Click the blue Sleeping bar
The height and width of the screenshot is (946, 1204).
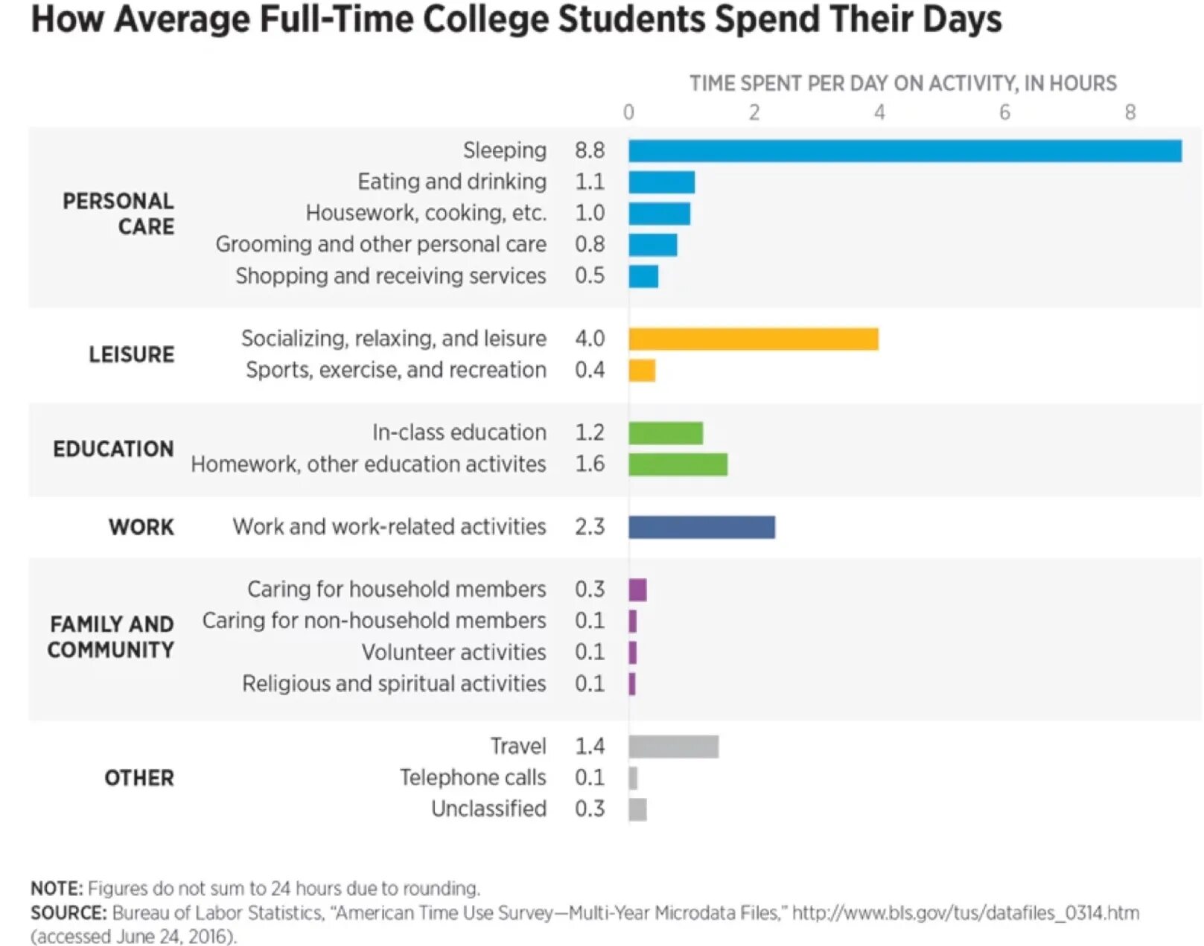tap(904, 151)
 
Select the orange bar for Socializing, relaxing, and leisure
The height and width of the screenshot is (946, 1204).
tap(753, 339)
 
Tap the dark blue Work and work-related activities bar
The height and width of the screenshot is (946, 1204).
tap(701, 527)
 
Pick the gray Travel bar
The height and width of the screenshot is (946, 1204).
tap(673, 747)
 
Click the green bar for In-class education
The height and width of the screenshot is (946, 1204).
tap(666, 433)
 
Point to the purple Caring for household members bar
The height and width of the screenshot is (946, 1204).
tap(637, 590)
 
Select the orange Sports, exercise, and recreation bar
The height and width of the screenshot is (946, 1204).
tap(642, 371)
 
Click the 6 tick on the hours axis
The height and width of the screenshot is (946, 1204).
tap(1004, 112)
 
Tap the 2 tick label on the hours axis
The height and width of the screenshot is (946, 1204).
tap(754, 112)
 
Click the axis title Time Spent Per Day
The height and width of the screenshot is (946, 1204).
tap(902, 83)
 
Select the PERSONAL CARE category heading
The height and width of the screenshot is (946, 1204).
tap(118, 214)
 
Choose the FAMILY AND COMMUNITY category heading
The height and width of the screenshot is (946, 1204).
tap(111, 636)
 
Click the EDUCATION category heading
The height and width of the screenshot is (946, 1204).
tap(113, 449)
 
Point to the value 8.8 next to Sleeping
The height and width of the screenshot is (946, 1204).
tap(590, 150)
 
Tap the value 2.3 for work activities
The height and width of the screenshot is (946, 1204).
tap(590, 527)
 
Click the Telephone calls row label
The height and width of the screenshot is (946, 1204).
tap(473, 778)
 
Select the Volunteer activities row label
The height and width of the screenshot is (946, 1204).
tap(453, 653)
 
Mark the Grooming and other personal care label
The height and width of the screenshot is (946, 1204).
tap(380, 244)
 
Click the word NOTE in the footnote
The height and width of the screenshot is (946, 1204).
tap(56, 889)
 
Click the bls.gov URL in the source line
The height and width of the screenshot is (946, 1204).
tap(965, 913)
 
